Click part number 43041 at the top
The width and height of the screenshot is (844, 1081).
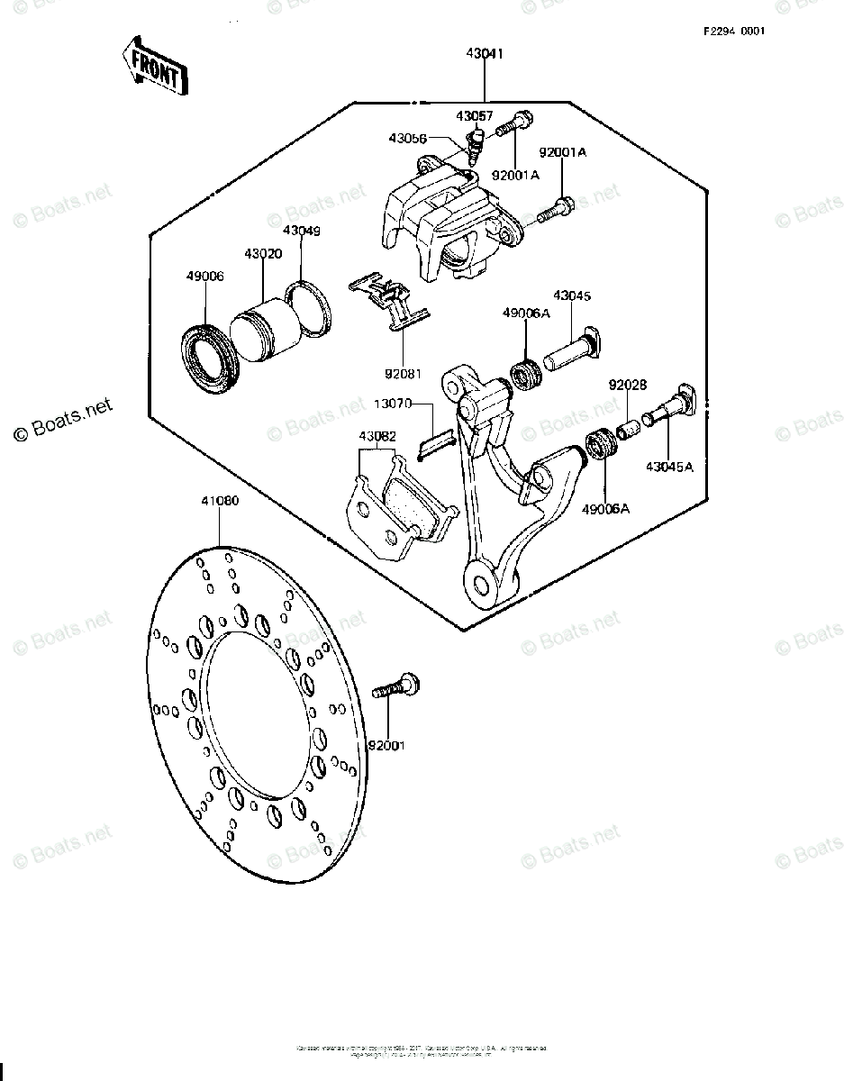(x=486, y=54)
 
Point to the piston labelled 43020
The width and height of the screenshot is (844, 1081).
(x=261, y=333)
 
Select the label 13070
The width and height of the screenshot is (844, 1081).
(x=394, y=404)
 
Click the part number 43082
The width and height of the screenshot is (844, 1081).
(x=377, y=437)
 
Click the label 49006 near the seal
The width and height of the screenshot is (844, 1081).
(x=204, y=276)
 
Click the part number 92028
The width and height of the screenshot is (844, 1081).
(x=628, y=385)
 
